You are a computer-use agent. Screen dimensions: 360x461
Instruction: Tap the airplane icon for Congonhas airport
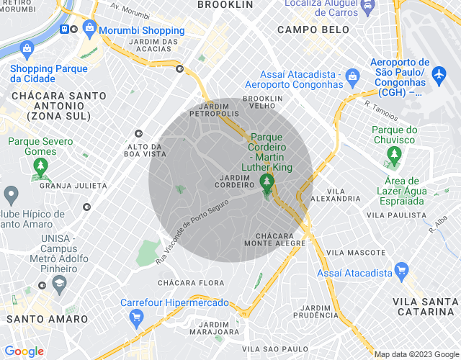tap(439, 73)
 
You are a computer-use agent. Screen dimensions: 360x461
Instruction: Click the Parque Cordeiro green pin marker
tap(267, 181)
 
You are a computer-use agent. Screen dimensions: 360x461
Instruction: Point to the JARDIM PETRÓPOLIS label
tap(214, 109)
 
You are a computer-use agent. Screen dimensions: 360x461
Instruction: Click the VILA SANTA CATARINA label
tap(428, 306)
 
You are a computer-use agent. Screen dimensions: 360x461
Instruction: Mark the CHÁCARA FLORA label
tap(191, 283)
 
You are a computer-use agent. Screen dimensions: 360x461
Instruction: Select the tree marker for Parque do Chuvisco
tap(394, 153)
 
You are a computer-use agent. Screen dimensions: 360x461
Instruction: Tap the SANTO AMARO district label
tap(48, 319)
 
